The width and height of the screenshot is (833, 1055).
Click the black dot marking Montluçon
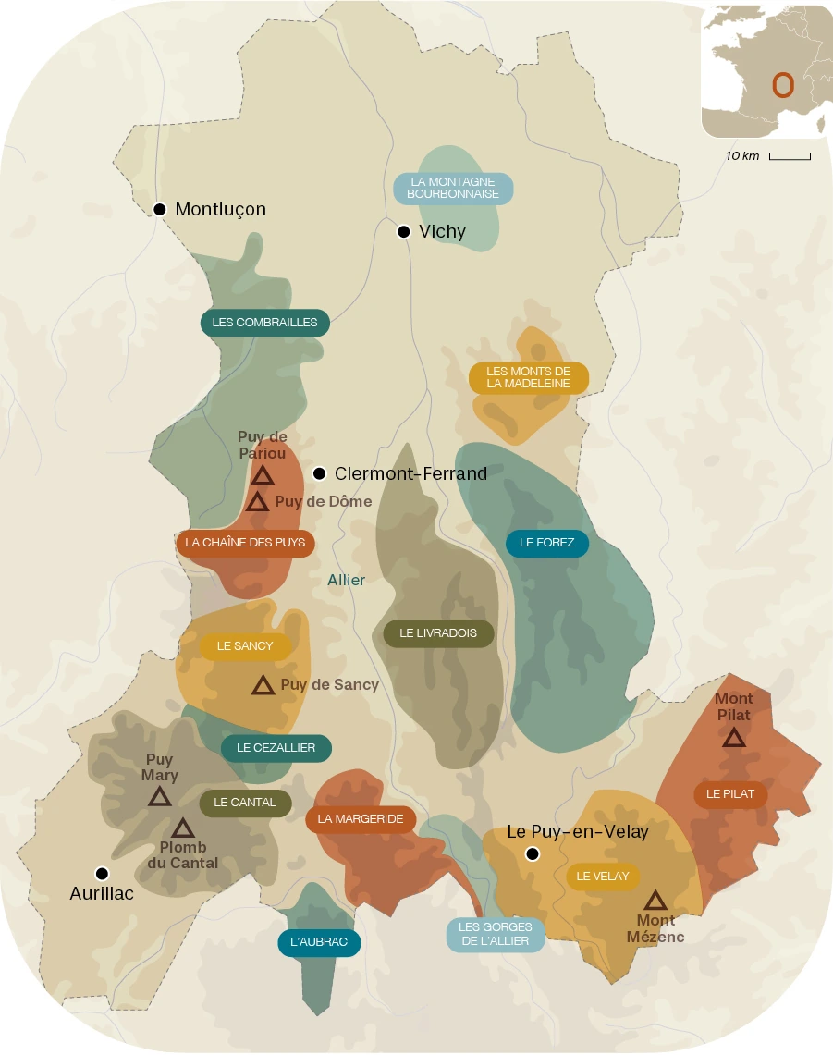tap(160, 209)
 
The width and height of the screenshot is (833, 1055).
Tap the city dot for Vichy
tap(404, 232)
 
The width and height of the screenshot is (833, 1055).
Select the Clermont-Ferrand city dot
tap(320, 473)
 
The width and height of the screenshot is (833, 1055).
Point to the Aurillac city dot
tap(102, 874)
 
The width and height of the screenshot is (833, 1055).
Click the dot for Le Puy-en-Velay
tap(533, 853)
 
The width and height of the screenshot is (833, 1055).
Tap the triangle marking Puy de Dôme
tap(257, 502)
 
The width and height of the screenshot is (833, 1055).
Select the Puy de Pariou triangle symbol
tap(263, 476)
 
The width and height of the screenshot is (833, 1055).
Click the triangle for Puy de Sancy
tap(263, 685)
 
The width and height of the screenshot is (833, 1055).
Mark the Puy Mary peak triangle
tap(159, 797)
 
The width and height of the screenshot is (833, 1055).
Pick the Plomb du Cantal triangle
tap(183, 828)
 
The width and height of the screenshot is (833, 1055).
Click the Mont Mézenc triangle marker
tap(655, 901)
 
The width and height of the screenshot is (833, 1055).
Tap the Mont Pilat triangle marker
tap(733, 738)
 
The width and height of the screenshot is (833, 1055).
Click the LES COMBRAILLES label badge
tap(264, 323)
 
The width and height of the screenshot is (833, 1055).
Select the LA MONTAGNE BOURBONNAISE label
tap(453, 189)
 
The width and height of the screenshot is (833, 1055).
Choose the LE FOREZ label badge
tap(547, 543)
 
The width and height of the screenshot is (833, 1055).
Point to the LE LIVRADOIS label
tap(438, 633)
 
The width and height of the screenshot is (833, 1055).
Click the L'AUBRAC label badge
tap(319, 942)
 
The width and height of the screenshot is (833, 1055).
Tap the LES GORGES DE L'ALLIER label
tap(496, 935)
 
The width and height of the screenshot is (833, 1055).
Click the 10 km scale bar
tap(790, 157)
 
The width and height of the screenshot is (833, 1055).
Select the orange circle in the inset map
tap(783, 85)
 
